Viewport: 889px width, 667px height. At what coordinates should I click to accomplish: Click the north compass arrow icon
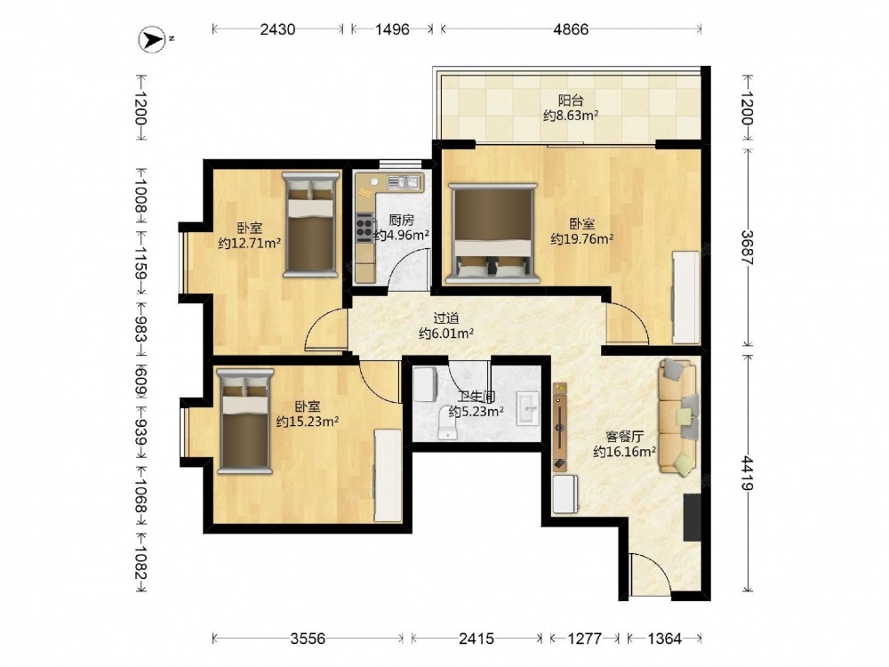coord(153,40)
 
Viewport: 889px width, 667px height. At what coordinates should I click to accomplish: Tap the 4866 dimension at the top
coord(571,29)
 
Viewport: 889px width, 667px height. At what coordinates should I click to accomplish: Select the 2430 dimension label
coord(277,29)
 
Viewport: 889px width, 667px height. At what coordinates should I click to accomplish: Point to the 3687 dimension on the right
coord(747,247)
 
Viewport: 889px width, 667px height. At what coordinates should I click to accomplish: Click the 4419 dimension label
coord(747,473)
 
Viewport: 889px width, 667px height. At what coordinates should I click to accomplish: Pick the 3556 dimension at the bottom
coord(308,639)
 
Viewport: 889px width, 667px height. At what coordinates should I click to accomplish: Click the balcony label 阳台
coord(571,100)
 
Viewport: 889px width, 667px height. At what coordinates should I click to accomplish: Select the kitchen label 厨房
coord(402,220)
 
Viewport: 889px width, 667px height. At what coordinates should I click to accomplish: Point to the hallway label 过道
coord(446,318)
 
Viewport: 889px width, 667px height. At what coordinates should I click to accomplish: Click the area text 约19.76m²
coord(581,238)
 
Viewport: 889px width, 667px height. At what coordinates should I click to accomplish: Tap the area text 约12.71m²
coord(250,244)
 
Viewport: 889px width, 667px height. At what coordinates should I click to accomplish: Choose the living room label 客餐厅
coord(624,437)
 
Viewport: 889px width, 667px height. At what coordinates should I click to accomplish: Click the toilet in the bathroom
coord(447,422)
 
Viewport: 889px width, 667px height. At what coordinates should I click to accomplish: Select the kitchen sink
coord(404,181)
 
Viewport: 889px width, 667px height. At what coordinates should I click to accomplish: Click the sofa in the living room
coord(677,417)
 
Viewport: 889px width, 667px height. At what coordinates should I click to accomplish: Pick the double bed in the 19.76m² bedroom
coord(492,233)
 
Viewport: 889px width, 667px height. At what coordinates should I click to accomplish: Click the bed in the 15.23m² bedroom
coord(245,421)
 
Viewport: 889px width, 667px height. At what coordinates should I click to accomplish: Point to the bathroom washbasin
coord(528,407)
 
